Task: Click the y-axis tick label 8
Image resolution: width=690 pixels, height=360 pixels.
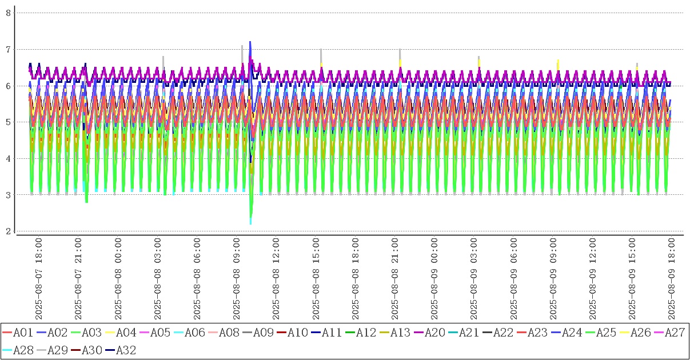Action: (x=8, y=13)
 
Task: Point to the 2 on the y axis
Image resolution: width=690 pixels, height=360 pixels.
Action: (x=8, y=231)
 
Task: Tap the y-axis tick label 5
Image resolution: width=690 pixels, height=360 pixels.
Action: (x=8, y=122)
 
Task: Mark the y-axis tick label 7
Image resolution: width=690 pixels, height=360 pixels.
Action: (x=8, y=49)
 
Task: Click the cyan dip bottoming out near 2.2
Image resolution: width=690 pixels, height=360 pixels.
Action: (x=250, y=222)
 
